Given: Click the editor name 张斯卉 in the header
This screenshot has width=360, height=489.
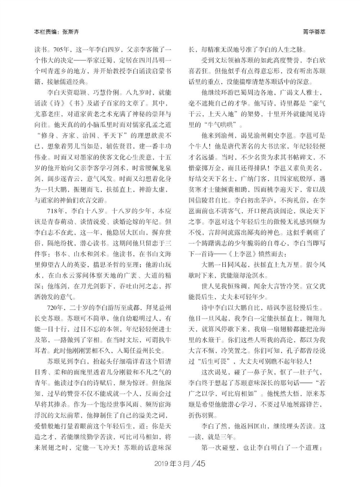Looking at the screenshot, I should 71,32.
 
